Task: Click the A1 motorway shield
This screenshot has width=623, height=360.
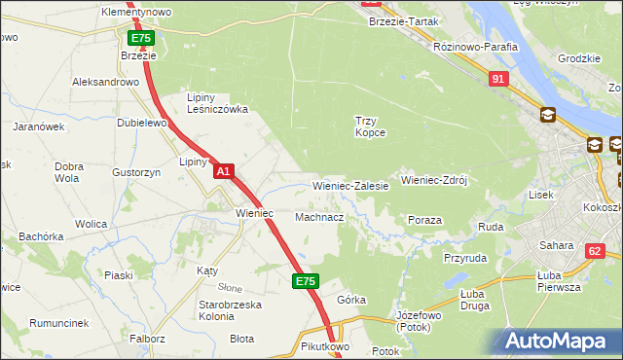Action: point(223,171)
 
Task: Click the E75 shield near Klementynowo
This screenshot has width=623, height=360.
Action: point(141,38)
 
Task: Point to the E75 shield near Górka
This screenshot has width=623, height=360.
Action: point(305,281)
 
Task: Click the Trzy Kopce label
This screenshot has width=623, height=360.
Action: point(370,126)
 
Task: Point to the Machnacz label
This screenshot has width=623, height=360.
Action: point(318,217)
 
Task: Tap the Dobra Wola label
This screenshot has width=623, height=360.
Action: point(67,172)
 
